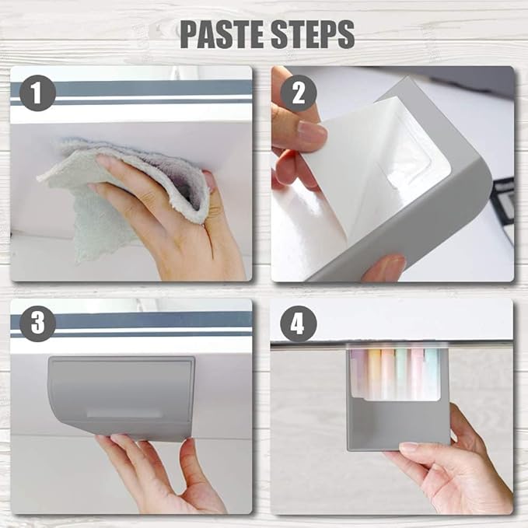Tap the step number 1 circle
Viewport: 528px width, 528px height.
tap(37, 93)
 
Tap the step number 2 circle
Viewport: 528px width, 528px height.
tap(299, 93)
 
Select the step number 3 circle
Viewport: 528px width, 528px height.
tap(37, 323)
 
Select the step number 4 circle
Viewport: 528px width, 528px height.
tap(299, 324)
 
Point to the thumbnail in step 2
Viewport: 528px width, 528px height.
tap(312, 132)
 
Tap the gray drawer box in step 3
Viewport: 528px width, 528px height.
tap(121, 398)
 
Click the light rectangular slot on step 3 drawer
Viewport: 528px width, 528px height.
tap(124, 413)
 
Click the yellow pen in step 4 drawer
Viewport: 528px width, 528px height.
tap(373, 374)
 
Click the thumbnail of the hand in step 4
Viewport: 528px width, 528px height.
tap(409, 447)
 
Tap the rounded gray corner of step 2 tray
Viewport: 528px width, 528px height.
tap(478, 175)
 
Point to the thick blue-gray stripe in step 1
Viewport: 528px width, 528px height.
tap(131, 88)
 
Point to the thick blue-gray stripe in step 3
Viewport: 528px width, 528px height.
tap(131, 320)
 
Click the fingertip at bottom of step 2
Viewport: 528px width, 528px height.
tap(384, 267)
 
